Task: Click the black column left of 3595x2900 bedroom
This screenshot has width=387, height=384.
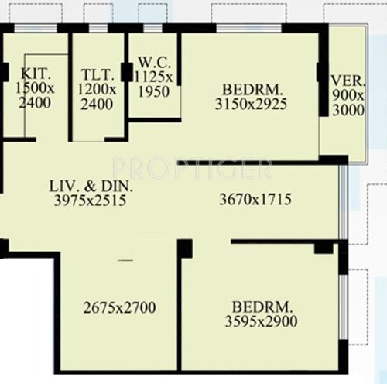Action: pyautogui.click(x=184, y=249)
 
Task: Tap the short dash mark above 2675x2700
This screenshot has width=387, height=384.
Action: pyautogui.click(x=125, y=262)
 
